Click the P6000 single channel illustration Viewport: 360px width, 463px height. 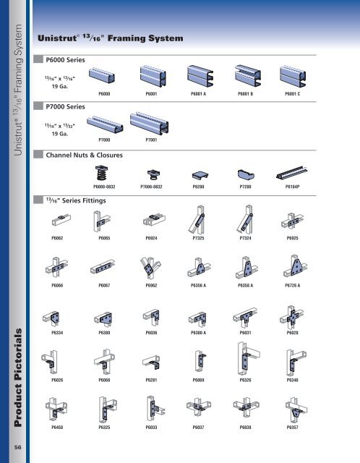pyautogui.click(x=102, y=76)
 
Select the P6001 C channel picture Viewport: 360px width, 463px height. pyautogui.click(x=293, y=77)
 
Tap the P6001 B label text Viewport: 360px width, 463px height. pyautogui.click(x=246, y=94)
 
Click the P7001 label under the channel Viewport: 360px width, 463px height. pyautogui.click(x=151, y=140)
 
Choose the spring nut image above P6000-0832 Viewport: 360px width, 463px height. pyautogui.click(x=101, y=173)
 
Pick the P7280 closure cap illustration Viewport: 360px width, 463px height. pyautogui.click(x=246, y=174)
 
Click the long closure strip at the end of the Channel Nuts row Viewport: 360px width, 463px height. pyautogui.click(x=291, y=173)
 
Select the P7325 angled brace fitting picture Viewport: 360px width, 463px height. pyautogui.click(x=197, y=220)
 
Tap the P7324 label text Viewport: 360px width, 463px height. pyautogui.click(x=246, y=238)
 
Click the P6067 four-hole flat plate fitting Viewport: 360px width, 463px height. pyautogui.click(x=103, y=267)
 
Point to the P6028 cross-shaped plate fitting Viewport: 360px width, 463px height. pyautogui.click(x=291, y=317)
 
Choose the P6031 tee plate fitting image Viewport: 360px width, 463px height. pyautogui.click(x=245, y=318)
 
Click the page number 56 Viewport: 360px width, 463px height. pyautogui.click(x=18, y=447)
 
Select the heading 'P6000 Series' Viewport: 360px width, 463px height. pyautogui.click(x=65, y=60)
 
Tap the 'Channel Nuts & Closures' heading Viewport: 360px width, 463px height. pyautogui.click(x=84, y=155)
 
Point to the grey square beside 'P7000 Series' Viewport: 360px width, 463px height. pyautogui.click(x=38, y=106)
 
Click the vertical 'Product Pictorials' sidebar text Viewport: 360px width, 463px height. pyautogui.click(x=18, y=378)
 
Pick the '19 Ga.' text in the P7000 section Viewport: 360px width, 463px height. pyautogui.click(x=60, y=134)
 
